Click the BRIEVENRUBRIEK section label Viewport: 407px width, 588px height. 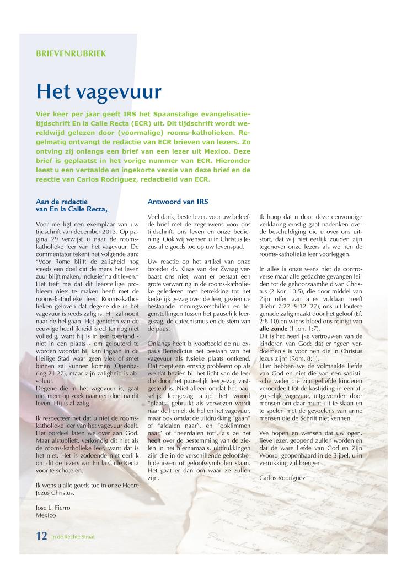(x=71, y=54)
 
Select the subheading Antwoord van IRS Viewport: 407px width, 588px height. (x=177, y=201)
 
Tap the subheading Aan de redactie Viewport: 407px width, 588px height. (x=61, y=202)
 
